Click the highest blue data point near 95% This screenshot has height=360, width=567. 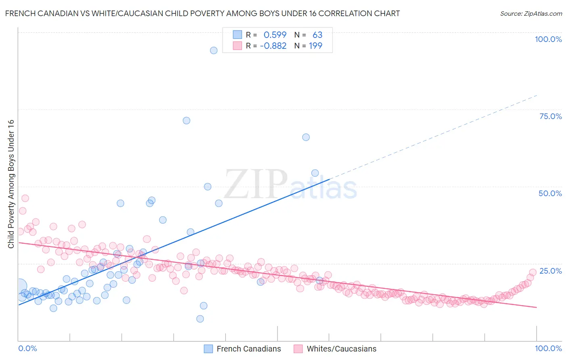[214, 50]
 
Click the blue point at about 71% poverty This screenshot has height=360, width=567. [186, 121]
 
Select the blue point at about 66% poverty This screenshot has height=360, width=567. [306, 137]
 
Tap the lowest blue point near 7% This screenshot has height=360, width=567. [200, 319]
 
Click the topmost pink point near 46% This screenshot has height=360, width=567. [25, 198]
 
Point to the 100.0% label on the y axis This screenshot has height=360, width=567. [548, 39]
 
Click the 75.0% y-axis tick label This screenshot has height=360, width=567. [550, 116]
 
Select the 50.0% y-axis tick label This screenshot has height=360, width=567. [550, 193]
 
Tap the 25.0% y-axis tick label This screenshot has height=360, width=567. [550, 271]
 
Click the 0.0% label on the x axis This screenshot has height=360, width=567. [27, 348]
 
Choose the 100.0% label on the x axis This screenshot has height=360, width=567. [548, 348]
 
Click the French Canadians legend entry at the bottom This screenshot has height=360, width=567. [248, 349]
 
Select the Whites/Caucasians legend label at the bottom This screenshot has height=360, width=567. [341, 349]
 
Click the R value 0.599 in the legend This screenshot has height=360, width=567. [275, 35]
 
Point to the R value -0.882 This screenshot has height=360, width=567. [273, 46]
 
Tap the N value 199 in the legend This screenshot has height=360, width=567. [315, 46]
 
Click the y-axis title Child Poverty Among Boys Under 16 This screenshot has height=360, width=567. [11, 184]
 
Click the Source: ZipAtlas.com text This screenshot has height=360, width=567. [531, 13]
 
